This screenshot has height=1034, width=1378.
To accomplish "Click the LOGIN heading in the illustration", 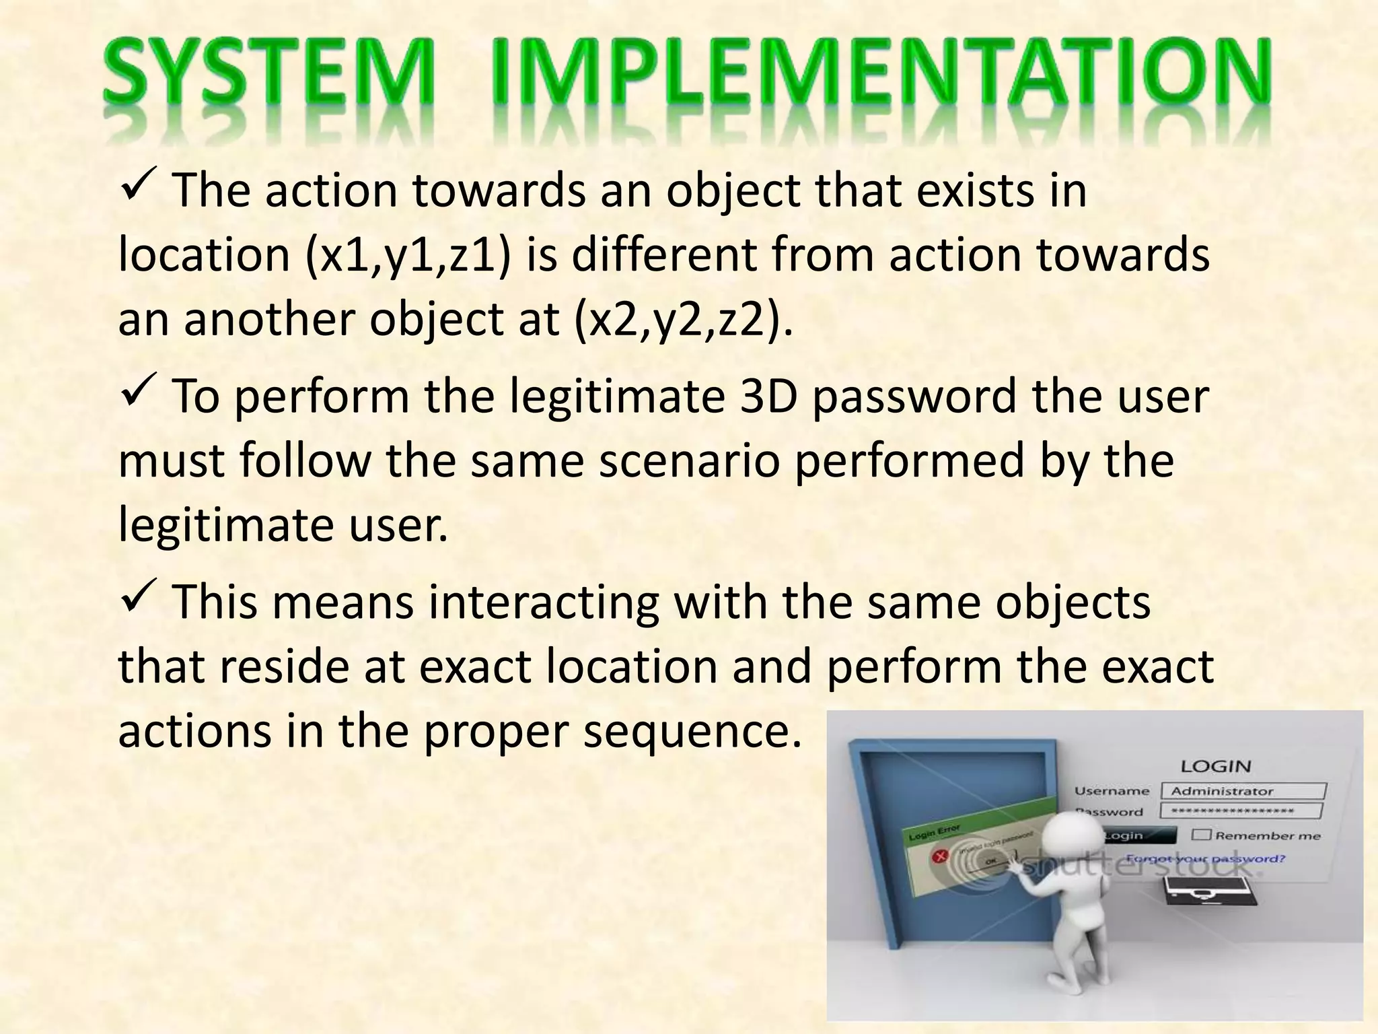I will tap(1216, 766).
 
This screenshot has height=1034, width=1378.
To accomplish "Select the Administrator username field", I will tap(1242, 791).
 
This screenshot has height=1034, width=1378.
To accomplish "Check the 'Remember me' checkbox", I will tap(1201, 835).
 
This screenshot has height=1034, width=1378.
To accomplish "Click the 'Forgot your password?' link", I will tap(1206, 859).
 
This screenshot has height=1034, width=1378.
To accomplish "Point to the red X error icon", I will tap(939, 856).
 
